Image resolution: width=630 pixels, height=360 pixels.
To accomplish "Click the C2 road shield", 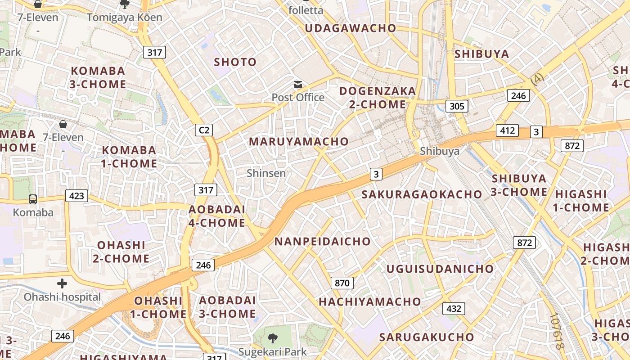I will click(204, 130).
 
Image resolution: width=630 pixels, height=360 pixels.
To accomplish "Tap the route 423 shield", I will click(76, 196).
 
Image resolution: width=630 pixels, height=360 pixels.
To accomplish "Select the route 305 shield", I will click(457, 106).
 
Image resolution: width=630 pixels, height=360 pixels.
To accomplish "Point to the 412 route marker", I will click(507, 130).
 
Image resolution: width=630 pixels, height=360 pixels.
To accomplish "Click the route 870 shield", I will click(342, 283).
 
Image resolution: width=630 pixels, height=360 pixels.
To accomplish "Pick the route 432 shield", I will click(454, 308).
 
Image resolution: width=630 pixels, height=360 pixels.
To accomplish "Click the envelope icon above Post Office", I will click(297, 85).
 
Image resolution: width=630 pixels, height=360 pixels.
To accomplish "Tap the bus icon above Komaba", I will click(33, 199).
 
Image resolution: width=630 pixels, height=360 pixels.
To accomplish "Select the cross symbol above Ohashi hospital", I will click(62, 283).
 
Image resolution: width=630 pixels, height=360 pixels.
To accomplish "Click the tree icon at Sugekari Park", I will click(272, 338).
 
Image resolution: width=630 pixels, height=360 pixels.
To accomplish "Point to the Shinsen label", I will click(266, 173).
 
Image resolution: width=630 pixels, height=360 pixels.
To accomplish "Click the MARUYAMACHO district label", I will click(299, 141).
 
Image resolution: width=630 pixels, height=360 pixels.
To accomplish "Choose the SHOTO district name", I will click(235, 62).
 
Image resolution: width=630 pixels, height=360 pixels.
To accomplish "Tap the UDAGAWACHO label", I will click(351, 28).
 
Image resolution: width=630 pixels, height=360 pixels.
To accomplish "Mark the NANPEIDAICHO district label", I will click(322, 241).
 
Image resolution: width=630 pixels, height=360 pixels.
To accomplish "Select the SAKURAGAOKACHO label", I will click(422, 194).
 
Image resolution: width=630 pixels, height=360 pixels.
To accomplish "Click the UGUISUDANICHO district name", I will click(440, 269).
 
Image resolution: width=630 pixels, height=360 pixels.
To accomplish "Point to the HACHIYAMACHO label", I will click(370, 301).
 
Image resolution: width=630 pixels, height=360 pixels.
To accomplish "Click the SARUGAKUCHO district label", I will click(427, 337).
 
